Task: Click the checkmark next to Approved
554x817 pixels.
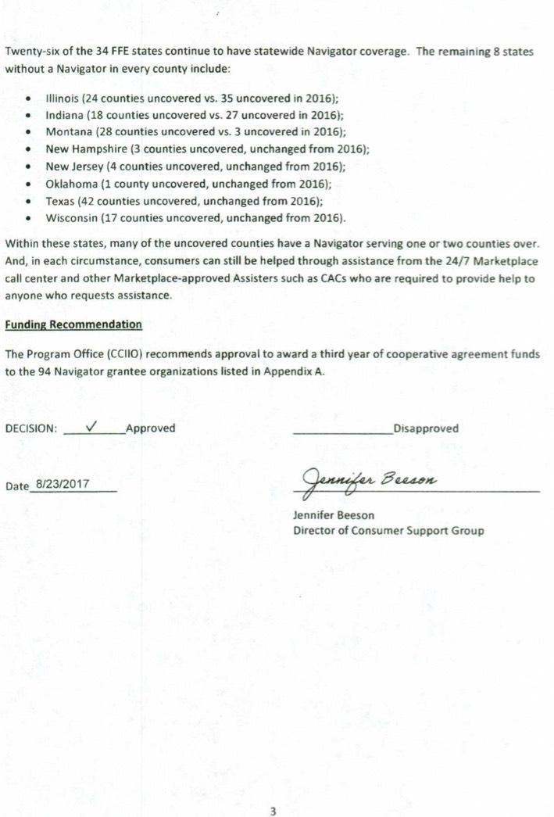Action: tap(91, 426)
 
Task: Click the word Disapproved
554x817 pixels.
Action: tap(426, 428)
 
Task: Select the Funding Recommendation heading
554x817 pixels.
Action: tap(73, 324)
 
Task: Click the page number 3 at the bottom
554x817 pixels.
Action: tap(273, 812)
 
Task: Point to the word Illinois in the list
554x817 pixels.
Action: tap(62, 99)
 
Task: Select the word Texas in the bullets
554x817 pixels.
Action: tap(60, 200)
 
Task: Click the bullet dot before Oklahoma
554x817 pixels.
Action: tap(29, 185)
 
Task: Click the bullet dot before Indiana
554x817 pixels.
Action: tap(29, 116)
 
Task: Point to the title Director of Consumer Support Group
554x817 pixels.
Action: tap(388, 531)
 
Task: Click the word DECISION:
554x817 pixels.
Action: tap(31, 428)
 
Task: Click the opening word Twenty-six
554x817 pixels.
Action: tap(30, 52)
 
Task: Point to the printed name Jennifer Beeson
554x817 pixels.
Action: tap(334, 515)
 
